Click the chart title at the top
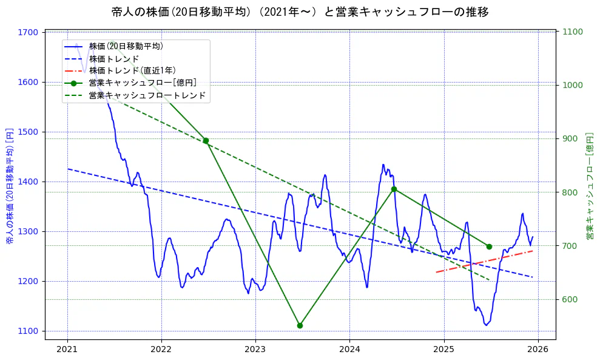coord(300,12)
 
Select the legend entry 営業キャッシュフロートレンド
coord(147,95)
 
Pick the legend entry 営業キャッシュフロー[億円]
coord(142,83)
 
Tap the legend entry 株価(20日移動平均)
coord(126,46)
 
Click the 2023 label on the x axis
coord(255,349)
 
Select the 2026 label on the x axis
coord(538,349)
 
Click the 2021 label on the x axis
coord(67,349)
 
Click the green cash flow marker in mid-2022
coord(206,141)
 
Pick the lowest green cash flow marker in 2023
coord(300,325)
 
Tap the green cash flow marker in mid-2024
coord(394,189)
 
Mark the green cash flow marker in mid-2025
coord(489,246)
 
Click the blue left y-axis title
coord(10,186)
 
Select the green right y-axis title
coord(589,186)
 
